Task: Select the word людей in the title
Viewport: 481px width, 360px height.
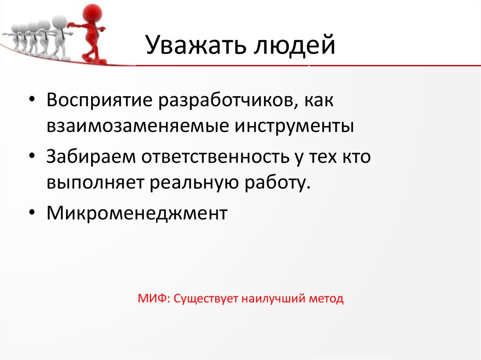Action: tap(295, 46)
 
